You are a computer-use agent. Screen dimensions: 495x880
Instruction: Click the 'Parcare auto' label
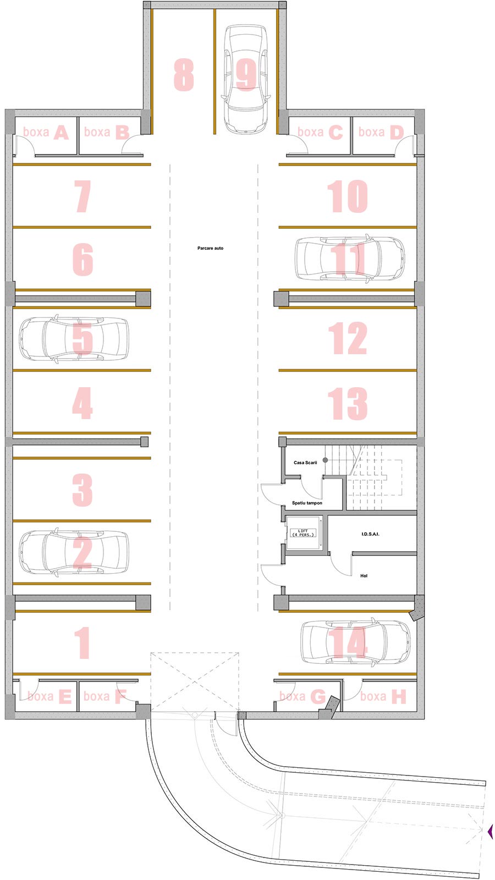click(x=210, y=248)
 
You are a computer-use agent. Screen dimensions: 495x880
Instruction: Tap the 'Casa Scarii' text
click(x=305, y=463)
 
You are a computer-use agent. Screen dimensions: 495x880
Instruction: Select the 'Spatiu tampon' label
click(x=307, y=503)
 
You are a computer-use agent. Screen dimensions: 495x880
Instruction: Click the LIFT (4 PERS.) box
click(x=303, y=533)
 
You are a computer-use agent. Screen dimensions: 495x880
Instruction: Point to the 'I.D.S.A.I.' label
click(x=371, y=534)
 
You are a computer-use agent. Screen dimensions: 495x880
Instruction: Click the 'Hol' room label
click(x=364, y=576)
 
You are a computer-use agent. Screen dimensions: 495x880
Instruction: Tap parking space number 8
click(x=184, y=75)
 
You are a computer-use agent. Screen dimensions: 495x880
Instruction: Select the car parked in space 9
click(x=246, y=79)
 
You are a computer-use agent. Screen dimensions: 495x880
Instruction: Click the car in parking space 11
click(x=350, y=258)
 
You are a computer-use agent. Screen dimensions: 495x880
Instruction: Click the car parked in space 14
click(x=355, y=643)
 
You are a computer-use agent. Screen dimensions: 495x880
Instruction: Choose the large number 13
click(x=348, y=404)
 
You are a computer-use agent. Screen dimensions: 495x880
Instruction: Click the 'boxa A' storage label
click(x=46, y=133)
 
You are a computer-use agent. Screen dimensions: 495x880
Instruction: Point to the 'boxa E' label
click(x=50, y=696)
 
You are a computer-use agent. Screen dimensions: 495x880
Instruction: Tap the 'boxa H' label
click(x=383, y=696)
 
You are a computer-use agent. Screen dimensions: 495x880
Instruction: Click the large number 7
click(x=82, y=196)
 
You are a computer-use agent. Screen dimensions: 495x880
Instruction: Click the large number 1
click(x=82, y=643)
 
